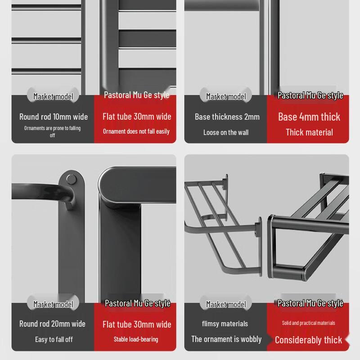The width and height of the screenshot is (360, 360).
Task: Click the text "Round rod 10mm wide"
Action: pos(54,117)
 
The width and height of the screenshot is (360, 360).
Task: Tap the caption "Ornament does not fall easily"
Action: pos(136,131)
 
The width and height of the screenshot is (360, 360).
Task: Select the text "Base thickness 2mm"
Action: pos(227,117)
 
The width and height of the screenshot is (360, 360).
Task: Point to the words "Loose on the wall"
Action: pos(226,132)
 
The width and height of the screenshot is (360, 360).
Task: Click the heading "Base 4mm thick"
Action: pos(309,117)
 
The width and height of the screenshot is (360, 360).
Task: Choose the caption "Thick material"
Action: pos(309,132)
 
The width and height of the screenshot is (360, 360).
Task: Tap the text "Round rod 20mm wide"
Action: pos(52,324)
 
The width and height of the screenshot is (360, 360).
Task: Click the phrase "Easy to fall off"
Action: pos(54,339)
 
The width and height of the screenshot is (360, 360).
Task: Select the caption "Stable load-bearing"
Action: pos(136,339)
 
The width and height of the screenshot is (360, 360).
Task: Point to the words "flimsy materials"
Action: pos(225,324)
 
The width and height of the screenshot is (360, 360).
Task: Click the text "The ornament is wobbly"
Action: pos(226,339)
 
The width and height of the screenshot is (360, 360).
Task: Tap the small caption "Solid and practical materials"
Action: pos(309,323)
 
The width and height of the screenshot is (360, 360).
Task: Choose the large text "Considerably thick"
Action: pos(309,340)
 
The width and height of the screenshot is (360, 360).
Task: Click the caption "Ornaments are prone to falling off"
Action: pos(52,131)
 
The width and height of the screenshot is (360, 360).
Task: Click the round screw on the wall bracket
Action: pos(71,179)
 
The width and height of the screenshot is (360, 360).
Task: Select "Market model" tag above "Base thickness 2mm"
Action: pos(226,96)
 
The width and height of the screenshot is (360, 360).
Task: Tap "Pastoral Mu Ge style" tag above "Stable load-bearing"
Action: pos(138,303)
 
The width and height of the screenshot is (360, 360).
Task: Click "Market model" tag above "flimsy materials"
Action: pos(226,304)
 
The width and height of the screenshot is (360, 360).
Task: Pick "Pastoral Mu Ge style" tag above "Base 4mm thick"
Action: pos(310,95)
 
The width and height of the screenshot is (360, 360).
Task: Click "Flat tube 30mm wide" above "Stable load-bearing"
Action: pos(137,324)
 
